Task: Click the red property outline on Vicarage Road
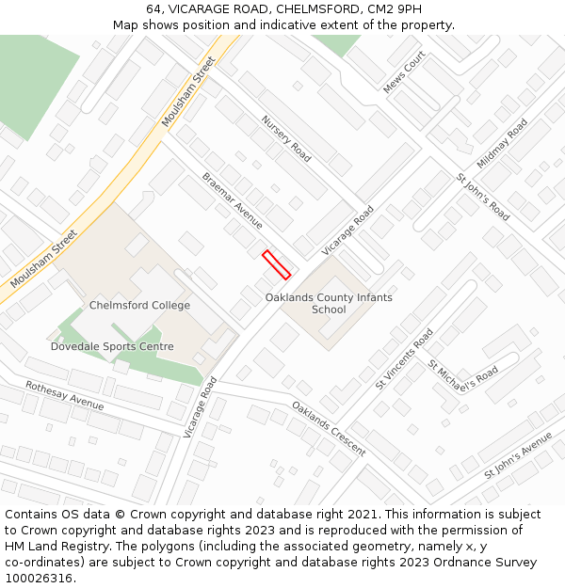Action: click(x=276, y=264)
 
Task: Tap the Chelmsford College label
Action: click(x=139, y=305)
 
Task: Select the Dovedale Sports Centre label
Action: click(x=112, y=346)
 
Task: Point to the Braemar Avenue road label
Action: click(x=233, y=200)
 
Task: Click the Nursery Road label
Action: click(x=286, y=138)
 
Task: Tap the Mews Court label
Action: click(x=404, y=72)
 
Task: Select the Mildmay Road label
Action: click(x=502, y=143)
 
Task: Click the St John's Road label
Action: click(x=483, y=198)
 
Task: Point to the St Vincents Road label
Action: click(x=405, y=358)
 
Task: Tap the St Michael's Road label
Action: click(x=463, y=372)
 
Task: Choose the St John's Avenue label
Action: click(x=518, y=455)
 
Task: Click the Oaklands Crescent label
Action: click(x=328, y=428)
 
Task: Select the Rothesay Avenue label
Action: click(x=65, y=395)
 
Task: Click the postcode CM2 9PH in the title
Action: click(x=395, y=9)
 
